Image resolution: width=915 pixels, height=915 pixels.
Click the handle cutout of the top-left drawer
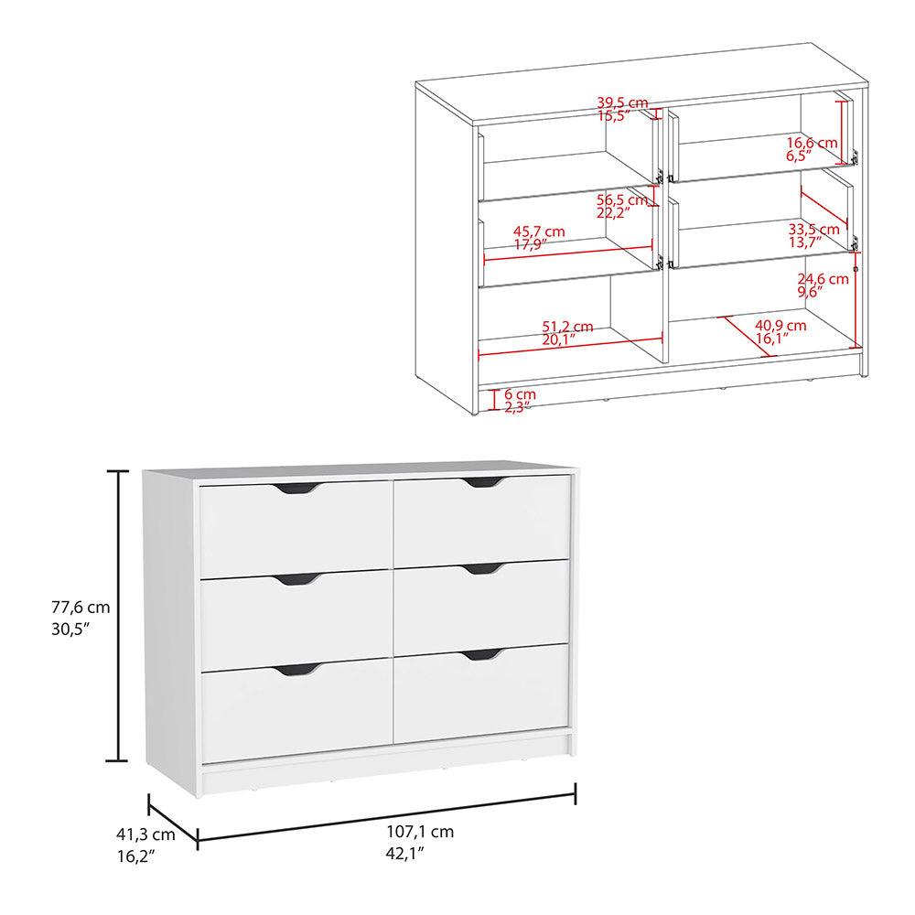click(296, 489)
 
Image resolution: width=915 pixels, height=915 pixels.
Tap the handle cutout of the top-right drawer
click(483, 481)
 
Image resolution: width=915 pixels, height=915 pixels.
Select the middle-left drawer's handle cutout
click(297, 579)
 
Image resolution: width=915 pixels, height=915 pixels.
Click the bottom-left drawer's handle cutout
click(296, 670)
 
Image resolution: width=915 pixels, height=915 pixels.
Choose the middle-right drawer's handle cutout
click(483, 568)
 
